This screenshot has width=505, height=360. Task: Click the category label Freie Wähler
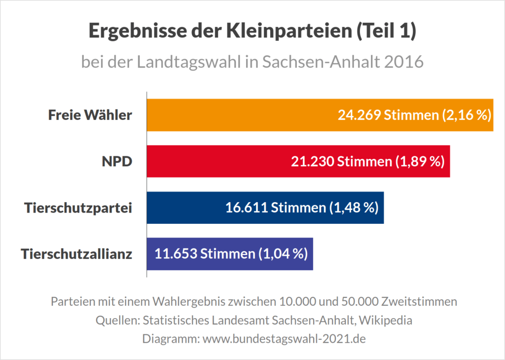90,115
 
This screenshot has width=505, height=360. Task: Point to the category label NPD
117,161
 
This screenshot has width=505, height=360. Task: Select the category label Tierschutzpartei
78,208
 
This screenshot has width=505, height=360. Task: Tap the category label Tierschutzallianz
76,254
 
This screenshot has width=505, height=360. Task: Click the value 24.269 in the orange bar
359,115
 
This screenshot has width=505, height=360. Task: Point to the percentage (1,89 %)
420,161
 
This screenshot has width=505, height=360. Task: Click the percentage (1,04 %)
283,254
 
